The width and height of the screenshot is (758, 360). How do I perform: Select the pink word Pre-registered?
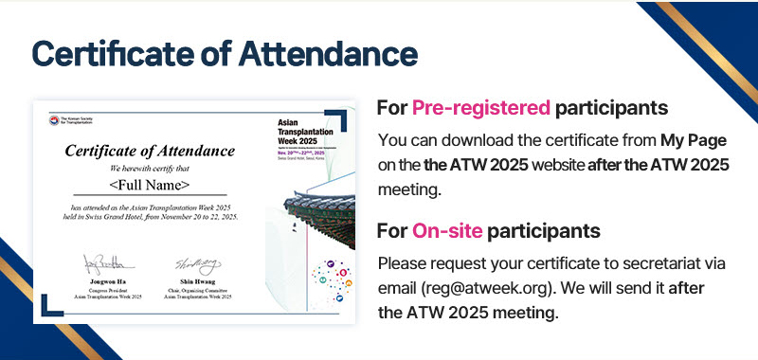click(481, 107)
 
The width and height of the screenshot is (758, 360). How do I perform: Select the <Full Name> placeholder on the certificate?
click(150, 184)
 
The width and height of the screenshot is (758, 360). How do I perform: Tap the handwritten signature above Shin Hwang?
click(195, 264)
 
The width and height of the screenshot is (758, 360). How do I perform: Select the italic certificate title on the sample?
click(150, 151)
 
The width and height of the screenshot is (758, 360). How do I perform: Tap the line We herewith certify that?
click(150, 168)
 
